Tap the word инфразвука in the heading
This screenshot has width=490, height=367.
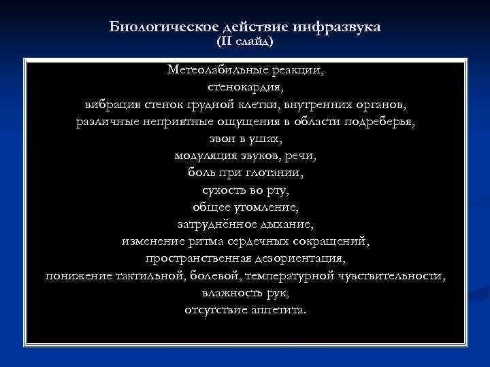point(338,27)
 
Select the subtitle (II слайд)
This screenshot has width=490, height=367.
point(245,41)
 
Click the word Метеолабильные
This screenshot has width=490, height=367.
point(214,70)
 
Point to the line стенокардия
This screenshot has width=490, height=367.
point(245,88)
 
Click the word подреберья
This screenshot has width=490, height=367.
point(379,122)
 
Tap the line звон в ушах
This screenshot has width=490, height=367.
point(245,139)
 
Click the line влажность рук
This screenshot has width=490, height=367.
point(245,293)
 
